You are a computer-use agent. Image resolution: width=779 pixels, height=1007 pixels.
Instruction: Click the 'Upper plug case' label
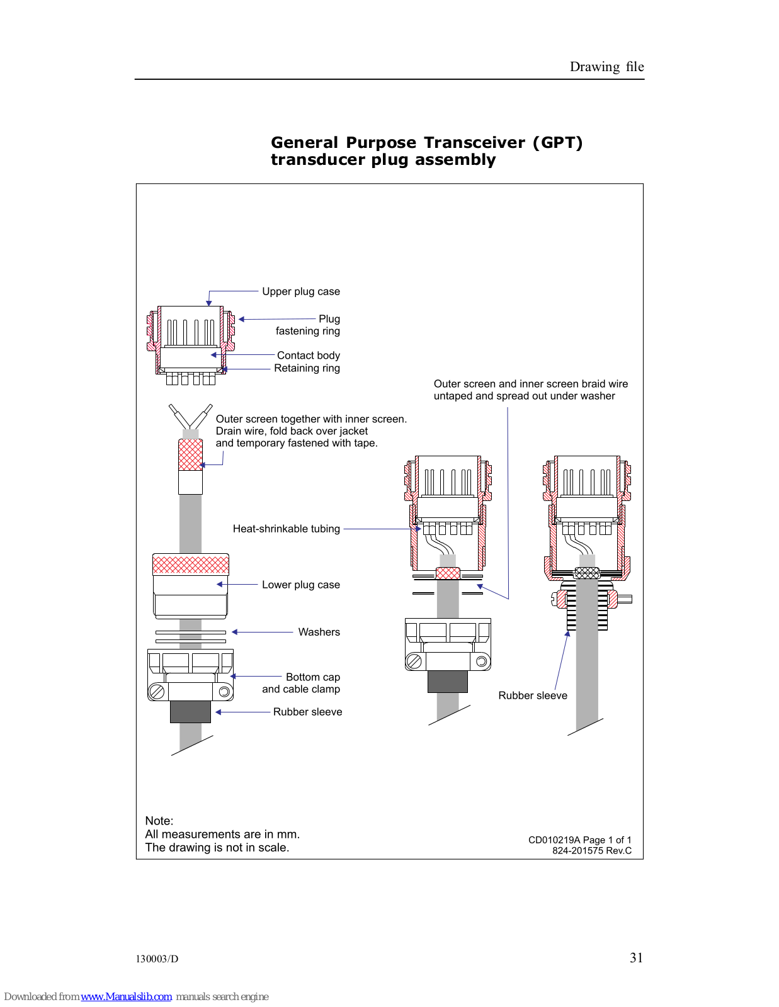[300, 291]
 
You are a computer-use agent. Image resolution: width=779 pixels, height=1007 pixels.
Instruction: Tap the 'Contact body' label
[308, 356]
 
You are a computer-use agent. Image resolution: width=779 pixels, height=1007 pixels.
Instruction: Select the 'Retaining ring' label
[307, 368]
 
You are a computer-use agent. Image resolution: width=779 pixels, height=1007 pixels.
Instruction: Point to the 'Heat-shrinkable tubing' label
[286, 529]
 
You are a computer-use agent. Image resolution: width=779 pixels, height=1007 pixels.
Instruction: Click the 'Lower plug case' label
[300, 585]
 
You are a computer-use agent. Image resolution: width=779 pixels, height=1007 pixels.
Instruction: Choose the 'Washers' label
[319, 632]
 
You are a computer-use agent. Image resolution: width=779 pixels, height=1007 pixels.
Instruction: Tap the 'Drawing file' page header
[606, 67]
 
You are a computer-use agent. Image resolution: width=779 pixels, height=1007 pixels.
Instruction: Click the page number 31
[636, 957]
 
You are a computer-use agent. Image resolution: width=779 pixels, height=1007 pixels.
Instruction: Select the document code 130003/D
[157, 959]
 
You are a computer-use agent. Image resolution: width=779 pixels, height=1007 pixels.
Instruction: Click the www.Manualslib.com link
[126, 996]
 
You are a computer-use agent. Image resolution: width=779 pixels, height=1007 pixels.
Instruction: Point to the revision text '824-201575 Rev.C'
[591, 850]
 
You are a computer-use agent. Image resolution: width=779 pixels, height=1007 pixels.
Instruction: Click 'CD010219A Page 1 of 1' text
[579, 840]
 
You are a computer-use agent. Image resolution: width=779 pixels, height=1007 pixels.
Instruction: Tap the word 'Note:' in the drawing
[159, 821]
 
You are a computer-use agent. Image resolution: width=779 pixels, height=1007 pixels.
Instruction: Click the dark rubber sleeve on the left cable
[190, 711]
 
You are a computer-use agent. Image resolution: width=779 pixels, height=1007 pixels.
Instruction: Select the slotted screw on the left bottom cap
[156, 692]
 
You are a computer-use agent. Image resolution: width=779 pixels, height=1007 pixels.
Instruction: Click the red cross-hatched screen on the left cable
[190, 454]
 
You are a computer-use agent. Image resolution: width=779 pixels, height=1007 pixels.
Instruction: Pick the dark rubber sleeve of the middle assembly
[447, 681]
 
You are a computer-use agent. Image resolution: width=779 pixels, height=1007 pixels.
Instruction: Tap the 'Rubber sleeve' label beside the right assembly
[532, 695]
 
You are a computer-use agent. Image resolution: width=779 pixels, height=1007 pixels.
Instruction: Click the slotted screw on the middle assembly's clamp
[414, 661]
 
